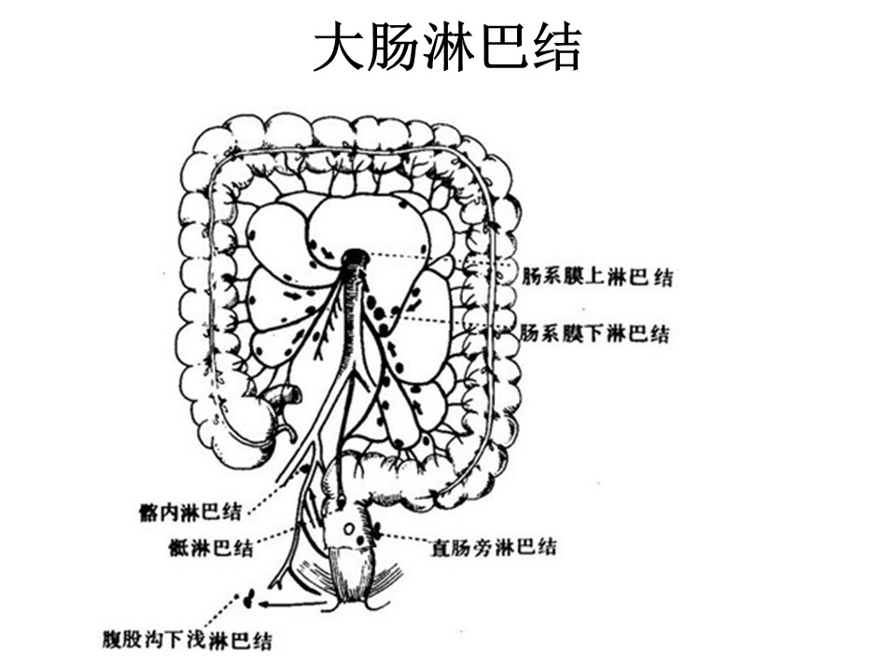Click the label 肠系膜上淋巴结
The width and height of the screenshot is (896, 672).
click(x=597, y=277)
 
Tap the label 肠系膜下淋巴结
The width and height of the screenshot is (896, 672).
click(x=595, y=332)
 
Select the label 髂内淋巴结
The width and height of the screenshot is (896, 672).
click(x=189, y=511)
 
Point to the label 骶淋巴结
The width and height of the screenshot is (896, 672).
click(x=211, y=548)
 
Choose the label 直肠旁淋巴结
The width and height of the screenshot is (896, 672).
click(x=493, y=548)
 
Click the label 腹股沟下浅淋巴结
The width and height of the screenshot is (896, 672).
click(x=187, y=639)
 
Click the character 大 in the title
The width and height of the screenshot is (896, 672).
click(x=339, y=47)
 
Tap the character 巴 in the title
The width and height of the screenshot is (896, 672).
click(x=501, y=47)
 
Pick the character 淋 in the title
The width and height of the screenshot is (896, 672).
click(x=449, y=47)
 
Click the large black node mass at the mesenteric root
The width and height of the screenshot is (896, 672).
click(x=356, y=258)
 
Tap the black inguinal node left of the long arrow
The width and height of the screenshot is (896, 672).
click(x=249, y=599)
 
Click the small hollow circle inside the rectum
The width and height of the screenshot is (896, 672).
click(x=348, y=528)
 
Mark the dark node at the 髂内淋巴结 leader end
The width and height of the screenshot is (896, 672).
click(x=304, y=469)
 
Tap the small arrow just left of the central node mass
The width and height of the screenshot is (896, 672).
click(x=328, y=252)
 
